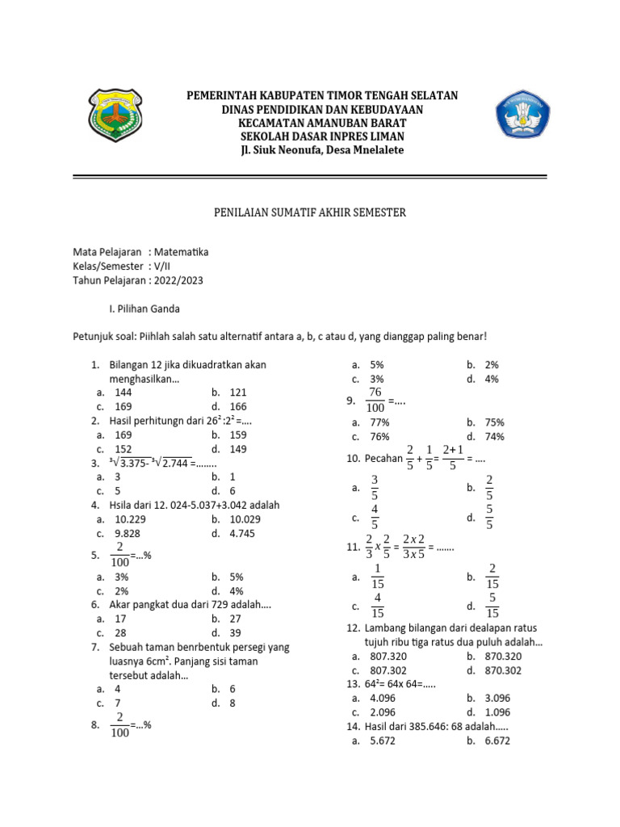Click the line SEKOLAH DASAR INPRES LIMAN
click(x=321, y=136)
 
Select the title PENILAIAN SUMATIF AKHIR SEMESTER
click(x=310, y=212)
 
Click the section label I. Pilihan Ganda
click(x=145, y=309)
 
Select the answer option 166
click(x=237, y=407)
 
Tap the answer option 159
click(x=237, y=434)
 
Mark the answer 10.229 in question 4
click(x=130, y=518)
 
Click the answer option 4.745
click(x=243, y=533)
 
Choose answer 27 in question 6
click(x=235, y=619)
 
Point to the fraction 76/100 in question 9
click(x=375, y=400)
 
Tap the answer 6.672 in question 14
click(x=497, y=740)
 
